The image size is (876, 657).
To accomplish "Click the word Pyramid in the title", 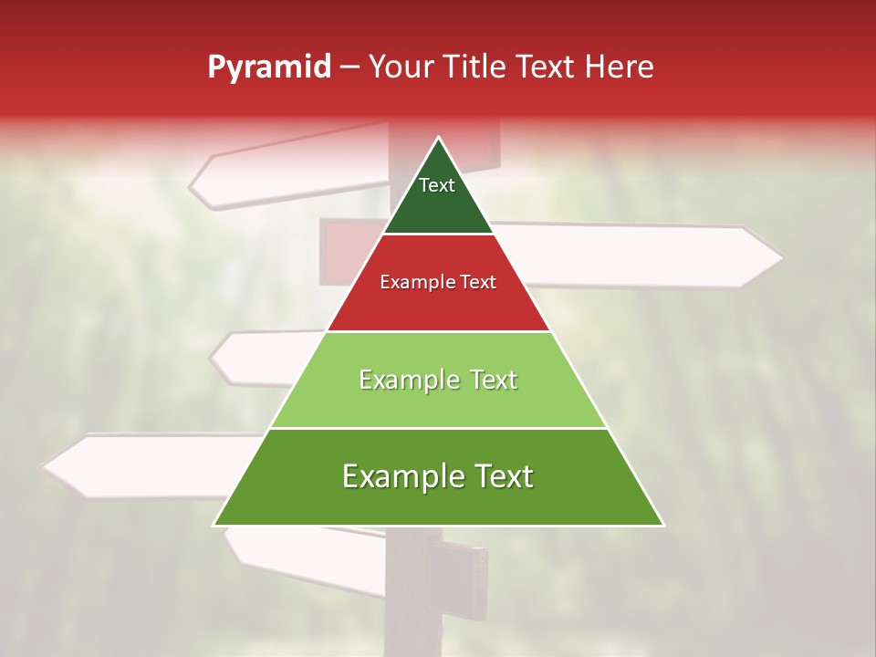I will click(x=268, y=68).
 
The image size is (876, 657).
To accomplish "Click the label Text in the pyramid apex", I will click(x=437, y=185).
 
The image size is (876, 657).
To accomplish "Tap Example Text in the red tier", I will click(x=438, y=282).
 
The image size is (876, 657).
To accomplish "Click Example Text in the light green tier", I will click(x=438, y=380).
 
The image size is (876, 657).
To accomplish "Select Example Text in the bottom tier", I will click(x=438, y=476).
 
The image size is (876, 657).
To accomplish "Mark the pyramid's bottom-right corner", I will click(x=662, y=525).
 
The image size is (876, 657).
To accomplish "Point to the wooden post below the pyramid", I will click(x=412, y=593).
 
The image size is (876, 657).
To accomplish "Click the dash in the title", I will click(x=349, y=68).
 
